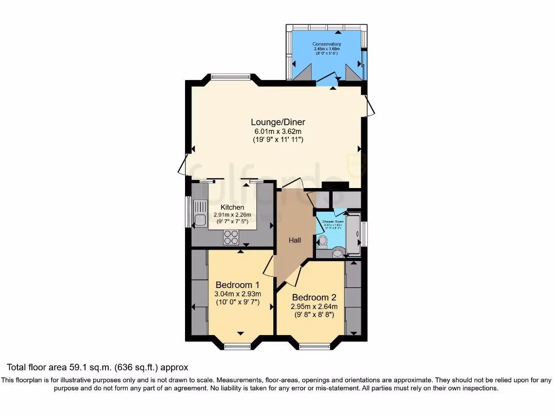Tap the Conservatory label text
(x=327, y=44)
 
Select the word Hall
(x=294, y=240)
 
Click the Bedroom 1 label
(x=238, y=285)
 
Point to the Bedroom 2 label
(x=314, y=297)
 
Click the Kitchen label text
(x=232, y=207)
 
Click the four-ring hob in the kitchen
(x=232, y=237)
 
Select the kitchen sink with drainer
(x=200, y=213)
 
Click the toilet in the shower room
(x=322, y=242)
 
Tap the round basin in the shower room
(x=338, y=252)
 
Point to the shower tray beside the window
(x=354, y=235)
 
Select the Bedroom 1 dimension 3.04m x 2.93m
(x=238, y=294)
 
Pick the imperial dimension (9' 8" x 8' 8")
(x=314, y=314)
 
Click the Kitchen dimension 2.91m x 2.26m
(x=232, y=215)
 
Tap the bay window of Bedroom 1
(x=238, y=346)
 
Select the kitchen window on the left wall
(x=188, y=211)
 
